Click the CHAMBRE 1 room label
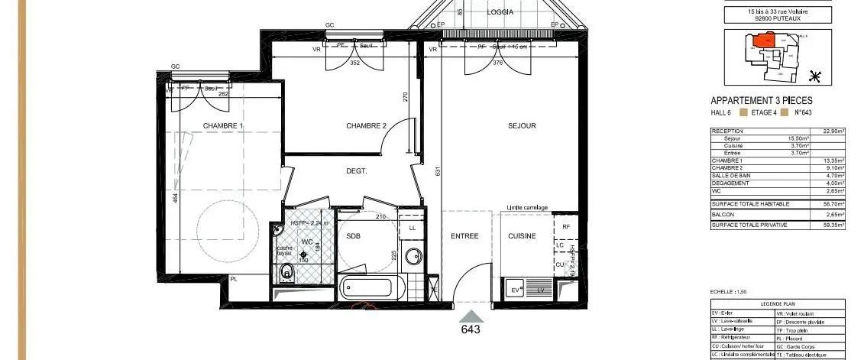223,126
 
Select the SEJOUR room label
522,126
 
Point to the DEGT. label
357,171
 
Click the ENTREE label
464,236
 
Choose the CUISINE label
523,236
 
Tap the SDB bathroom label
353,236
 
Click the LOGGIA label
500,12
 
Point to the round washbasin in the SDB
413,255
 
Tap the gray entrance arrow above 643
471,316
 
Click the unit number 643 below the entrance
471,330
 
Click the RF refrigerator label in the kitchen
565,227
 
